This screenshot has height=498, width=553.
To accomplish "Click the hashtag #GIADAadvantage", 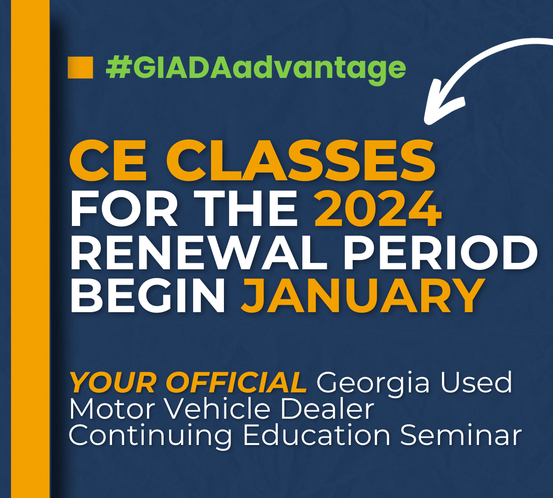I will (x=255, y=68).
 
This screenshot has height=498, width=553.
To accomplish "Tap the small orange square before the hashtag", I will (x=80, y=67).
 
